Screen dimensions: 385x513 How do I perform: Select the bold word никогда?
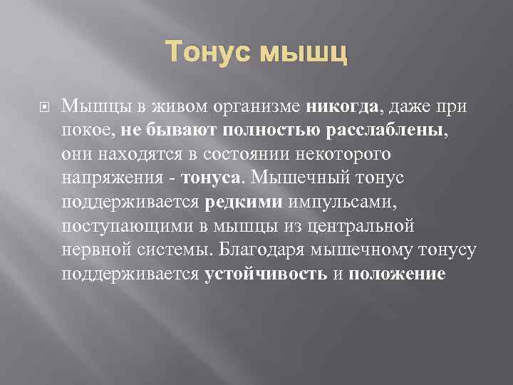(342, 107)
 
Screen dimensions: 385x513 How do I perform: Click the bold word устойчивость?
(266, 274)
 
